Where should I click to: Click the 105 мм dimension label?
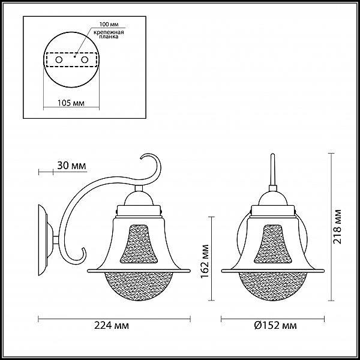click(x=71, y=103)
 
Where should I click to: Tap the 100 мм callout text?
click(x=109, y=25)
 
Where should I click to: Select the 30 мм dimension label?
click(x=71, y=166)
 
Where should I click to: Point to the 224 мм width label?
click(x=112, y=325)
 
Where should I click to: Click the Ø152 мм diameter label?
click(x=275, y=325)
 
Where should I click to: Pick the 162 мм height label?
click(x=205, y=261)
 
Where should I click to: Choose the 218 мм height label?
click(x=337, y=227)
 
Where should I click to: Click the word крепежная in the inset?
click(x=109, y=32)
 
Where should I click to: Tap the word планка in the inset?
click(x=109, y=37)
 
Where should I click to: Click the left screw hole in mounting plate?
click(x=59, y=60)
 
